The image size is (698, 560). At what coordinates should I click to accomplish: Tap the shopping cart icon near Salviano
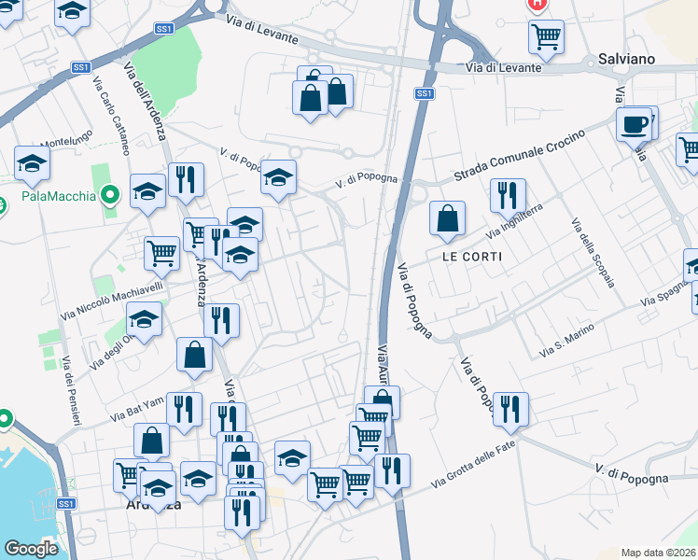coord(546,36)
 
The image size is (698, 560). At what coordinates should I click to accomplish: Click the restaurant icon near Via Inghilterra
coord(508,194)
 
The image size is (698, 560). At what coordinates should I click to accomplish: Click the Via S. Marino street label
coord(567,345)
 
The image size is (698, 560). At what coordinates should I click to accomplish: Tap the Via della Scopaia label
coord(590,253)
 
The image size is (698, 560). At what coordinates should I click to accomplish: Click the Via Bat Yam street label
coord(137,409)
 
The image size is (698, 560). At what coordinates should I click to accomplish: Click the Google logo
coord(31,549)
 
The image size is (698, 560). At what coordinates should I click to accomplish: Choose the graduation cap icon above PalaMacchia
coord(33,162)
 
